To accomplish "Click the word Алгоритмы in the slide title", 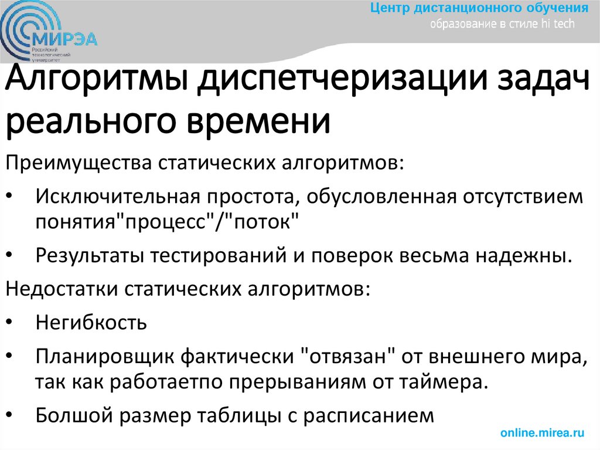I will tap(97, 83).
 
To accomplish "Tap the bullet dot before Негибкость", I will tap(13, 324).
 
